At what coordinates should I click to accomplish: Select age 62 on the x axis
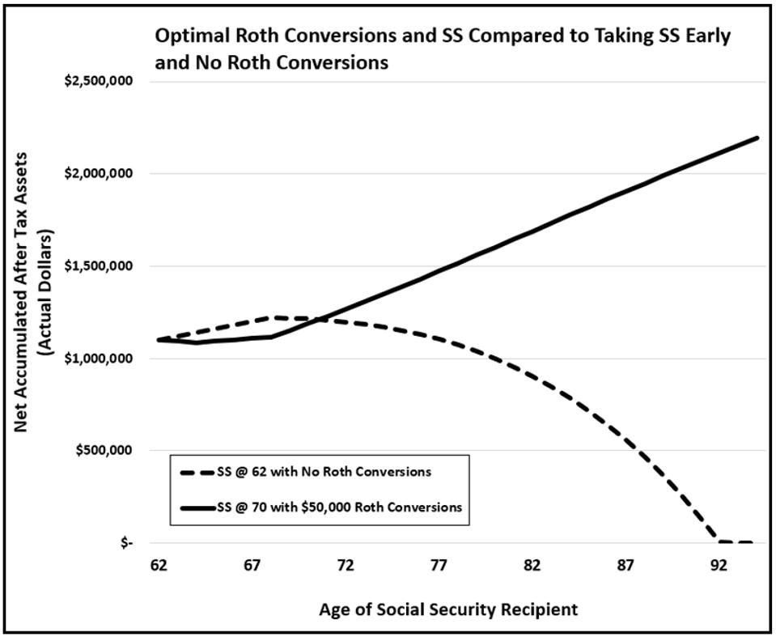click(x=159, y=566)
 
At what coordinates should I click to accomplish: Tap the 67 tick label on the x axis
click(x=252, y=566)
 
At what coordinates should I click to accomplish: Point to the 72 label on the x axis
click(x=346, y=566)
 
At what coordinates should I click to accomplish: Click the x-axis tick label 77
click(x=439, y=566)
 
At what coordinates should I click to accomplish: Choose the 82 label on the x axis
click(x=532, y=566)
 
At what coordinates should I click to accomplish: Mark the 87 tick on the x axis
click(x=625, y=566)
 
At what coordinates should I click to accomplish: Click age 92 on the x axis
click(x=718, y=566)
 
